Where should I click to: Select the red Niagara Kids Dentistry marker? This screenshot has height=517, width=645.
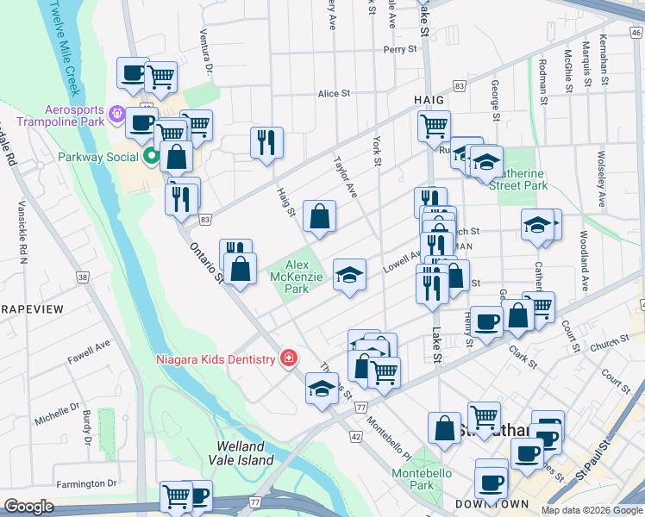pyautogui.click(x=288, y=358)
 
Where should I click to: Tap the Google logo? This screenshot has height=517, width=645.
pyautogui.click(x=28, y=507)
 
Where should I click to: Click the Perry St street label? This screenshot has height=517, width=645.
pyautogui.click(x=401, y=50)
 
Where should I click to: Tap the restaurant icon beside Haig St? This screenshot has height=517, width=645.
pyautogui.click(x=266, y=142)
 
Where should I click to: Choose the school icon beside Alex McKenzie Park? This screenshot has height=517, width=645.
pyautogui.click(x=349, y=276)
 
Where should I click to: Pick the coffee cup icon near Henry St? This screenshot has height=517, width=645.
pyautogui.click(x=486, y=323)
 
